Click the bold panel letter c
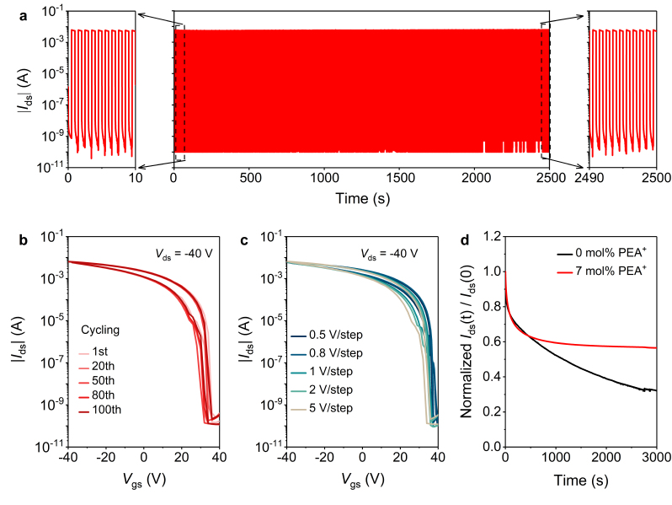tap(245, 242)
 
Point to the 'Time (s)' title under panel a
tap(361, 198)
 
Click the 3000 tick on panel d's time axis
tap(657, 457)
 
